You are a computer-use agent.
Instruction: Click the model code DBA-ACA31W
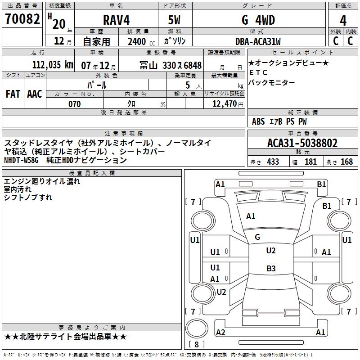tap(258, 42)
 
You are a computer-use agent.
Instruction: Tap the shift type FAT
tap(13, 94)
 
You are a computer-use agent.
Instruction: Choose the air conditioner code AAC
tap(34, 94)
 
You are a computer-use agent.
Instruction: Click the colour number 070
tap(74, 104)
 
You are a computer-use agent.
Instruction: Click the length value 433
tap(273, 162)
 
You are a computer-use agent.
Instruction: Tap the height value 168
tap(346, 162)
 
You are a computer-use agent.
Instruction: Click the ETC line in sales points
tap(258, 72)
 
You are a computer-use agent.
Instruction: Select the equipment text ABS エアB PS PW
tap(279, 121)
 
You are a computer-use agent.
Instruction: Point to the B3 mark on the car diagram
tap(271, 269)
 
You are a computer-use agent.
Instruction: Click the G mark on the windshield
tap(257, 237)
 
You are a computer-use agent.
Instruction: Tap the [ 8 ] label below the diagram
tap(196, 344)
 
